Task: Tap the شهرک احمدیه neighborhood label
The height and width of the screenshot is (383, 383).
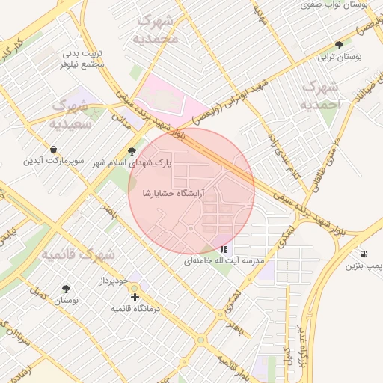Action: [320, 95]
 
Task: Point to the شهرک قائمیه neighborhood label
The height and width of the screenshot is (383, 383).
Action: [78, 254]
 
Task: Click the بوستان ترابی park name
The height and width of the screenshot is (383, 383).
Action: [339, 57]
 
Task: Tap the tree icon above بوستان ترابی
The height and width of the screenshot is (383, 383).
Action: [339, 45]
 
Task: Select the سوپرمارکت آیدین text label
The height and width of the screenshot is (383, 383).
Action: [54, 161]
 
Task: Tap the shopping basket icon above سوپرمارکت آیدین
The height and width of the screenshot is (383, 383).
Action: [54, 149]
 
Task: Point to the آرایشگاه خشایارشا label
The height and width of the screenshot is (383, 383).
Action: [174, 193]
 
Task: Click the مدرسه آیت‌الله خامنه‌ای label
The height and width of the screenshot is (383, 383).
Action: [224, 261]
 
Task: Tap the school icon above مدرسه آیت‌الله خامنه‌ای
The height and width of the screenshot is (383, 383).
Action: [224, 249]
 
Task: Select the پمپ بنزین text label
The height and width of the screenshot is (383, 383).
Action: [365, 266]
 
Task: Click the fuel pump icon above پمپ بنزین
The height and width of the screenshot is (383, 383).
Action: [364, 254]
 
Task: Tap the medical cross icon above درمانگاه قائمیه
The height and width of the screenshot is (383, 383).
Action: [135, 297]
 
